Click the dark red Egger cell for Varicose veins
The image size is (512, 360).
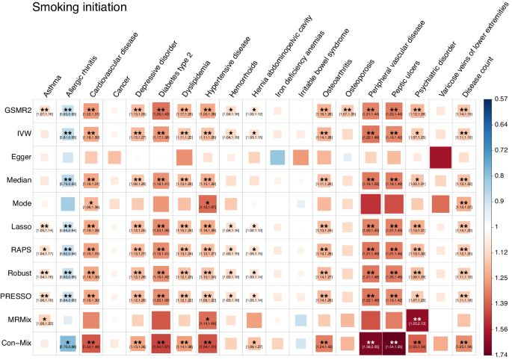(x=441, y=158)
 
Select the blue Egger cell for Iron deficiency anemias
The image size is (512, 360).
(x=278, y=158)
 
